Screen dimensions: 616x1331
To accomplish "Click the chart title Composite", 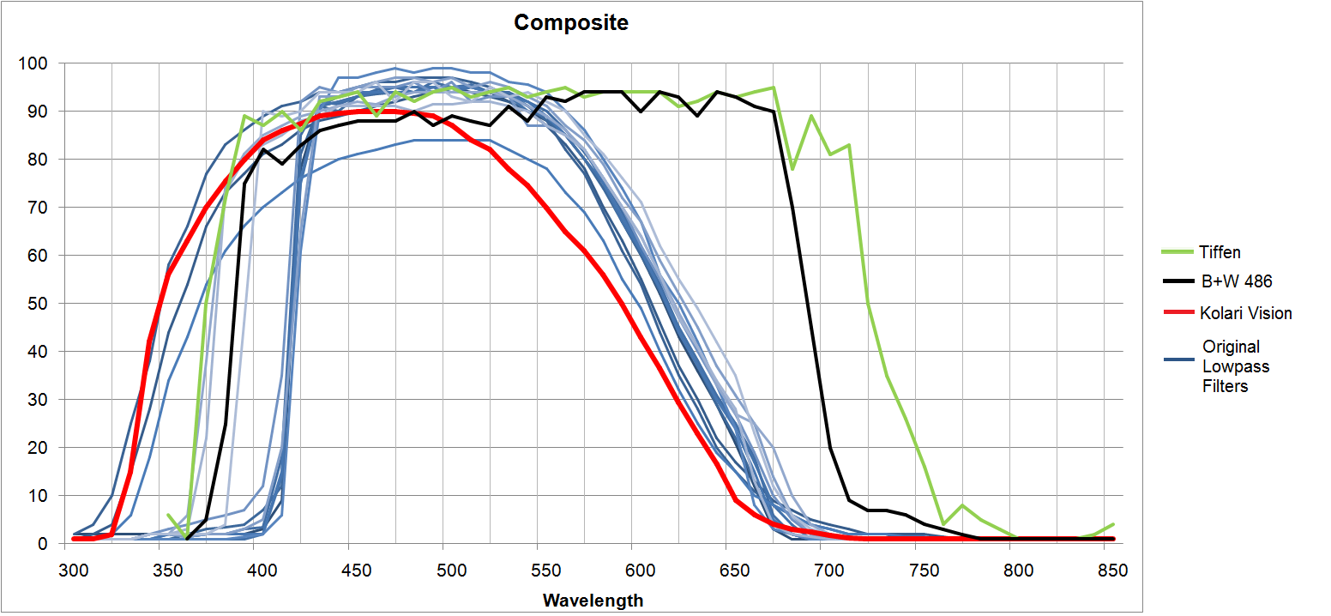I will [570, 23].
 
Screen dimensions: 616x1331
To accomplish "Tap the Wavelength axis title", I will [593, 600].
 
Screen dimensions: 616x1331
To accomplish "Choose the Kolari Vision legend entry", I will [1246, 313].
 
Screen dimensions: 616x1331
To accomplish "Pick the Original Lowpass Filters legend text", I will [1236, 366].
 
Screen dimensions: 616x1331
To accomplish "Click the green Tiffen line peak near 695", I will [811, 116].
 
